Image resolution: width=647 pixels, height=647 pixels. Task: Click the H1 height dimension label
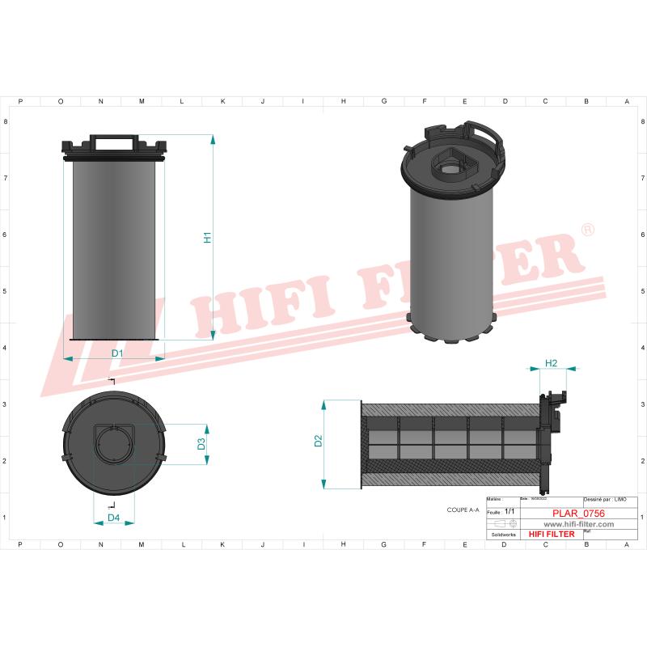click(x=207, y=238)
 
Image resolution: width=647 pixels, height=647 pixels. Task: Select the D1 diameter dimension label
click(x=116, y=353)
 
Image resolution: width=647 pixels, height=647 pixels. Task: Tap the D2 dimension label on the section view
click(x=318, y=441)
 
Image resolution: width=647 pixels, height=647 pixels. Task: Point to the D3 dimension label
click(x=201, y=444)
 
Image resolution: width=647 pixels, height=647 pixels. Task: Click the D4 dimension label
click(x=114, y=518)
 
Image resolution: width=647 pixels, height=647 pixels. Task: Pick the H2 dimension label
click(x=551, y=363)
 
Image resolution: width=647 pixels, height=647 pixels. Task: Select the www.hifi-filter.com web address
click(x=577, y=524)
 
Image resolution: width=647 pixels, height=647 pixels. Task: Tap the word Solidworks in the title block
click(x=503, y=534)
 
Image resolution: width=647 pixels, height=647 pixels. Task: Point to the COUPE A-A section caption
click(x=463, y=510)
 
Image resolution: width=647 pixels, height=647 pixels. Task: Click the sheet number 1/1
click(x=509, y=512)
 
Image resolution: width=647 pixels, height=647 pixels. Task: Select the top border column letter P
click(x=20, y=101)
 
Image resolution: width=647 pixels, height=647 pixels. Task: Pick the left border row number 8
click(x=6, y=122)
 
